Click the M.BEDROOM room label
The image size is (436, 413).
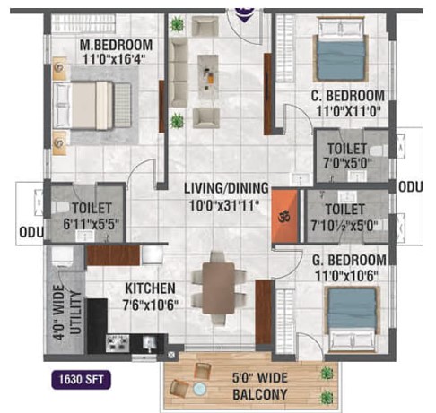(116, 45)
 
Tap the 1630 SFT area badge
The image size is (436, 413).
(81, 380)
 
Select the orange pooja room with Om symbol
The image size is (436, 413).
(284, 216)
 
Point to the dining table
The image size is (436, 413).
(218, 288)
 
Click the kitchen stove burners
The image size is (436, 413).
(118, 343)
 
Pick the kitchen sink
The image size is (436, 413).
(149, 343)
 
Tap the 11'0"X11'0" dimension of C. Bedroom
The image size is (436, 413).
(348, 112)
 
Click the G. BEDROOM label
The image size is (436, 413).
(349, 260)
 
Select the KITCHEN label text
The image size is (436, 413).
(150, 288)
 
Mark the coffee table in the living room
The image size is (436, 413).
(208, 77)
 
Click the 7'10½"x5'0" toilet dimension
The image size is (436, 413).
(343, 226)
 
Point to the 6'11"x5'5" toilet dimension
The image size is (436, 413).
(92, 224)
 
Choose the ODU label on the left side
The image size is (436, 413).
(31, 232)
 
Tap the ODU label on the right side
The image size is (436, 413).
(411, 187)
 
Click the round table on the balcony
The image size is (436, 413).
(199, 390)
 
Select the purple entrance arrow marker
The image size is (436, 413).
(245, 15)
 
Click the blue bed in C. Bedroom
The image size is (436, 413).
(341, 49)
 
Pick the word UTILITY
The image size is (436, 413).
(76, 313)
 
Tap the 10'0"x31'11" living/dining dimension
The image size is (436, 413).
(224, 206)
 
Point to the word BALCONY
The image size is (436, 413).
(260, 394)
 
